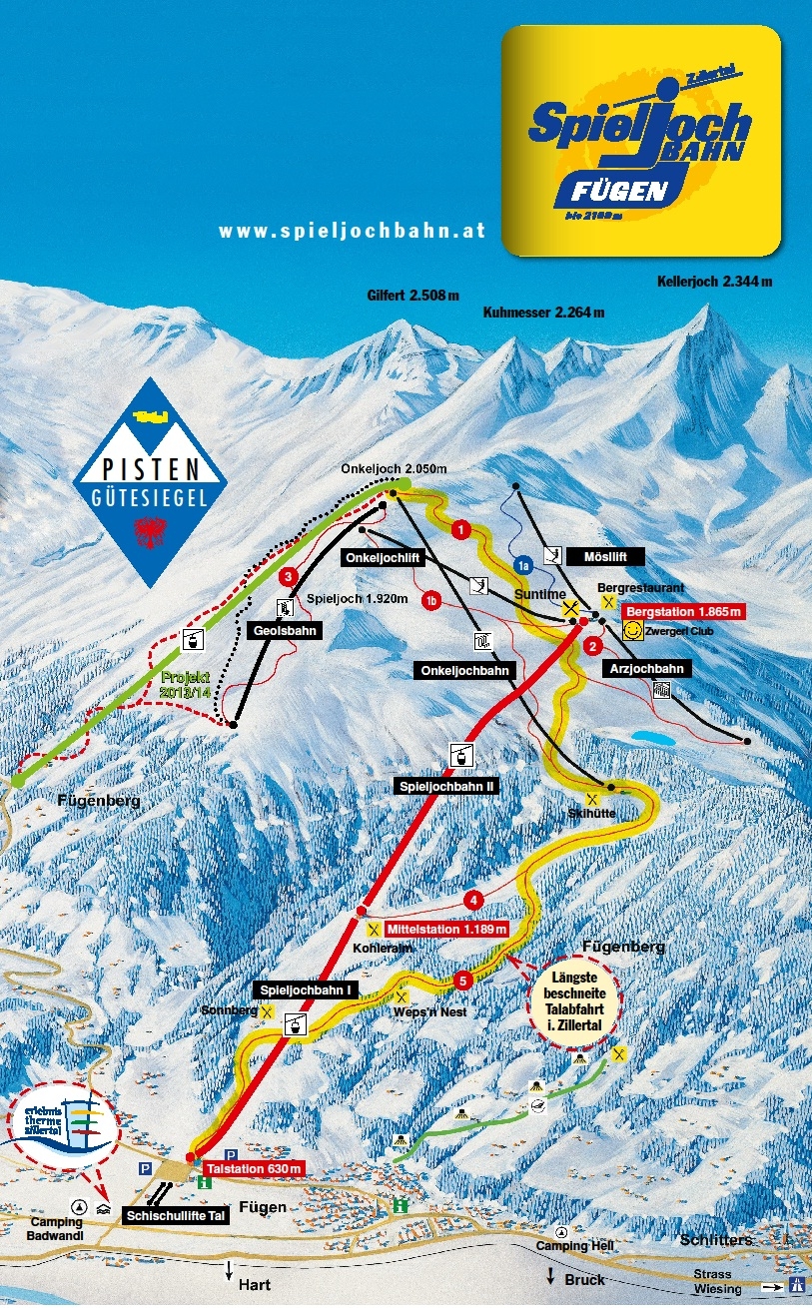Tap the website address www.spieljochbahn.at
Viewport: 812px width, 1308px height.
[x=352, y=231]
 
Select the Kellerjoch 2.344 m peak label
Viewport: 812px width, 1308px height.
[x=714, y=282]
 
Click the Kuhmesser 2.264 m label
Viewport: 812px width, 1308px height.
[x=543, y=313]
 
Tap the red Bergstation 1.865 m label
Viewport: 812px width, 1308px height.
[x=682, y=611]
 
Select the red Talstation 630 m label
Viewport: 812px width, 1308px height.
[x=253, y=1168]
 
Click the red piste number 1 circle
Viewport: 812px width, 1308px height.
[x=460, y=530]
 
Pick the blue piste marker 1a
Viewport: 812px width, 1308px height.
[x=522, y=565]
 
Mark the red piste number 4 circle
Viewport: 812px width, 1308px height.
[x=472, y=899]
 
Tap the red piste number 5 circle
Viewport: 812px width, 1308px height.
[x=462, y=981]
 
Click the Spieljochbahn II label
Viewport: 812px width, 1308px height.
[x=448, y=786]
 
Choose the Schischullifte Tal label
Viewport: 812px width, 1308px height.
[x=177, y=1215]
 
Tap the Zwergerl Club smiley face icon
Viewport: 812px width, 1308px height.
[x=632, y=630]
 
